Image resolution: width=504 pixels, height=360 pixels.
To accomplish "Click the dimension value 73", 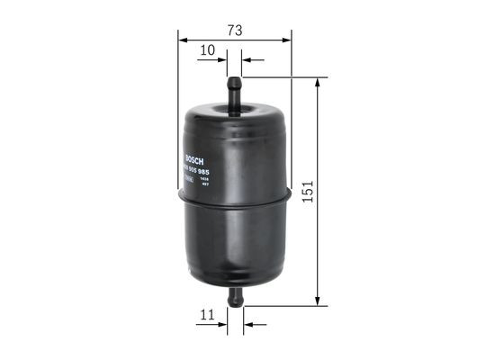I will click(234, 30).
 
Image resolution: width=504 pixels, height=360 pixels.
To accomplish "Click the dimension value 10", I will click(207, 50).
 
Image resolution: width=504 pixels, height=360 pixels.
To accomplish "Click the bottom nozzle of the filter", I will click(234, 297).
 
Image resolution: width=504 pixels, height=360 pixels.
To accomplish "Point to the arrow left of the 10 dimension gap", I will click(221, 60).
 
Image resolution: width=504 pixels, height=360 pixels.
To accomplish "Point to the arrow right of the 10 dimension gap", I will click(247, 60).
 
